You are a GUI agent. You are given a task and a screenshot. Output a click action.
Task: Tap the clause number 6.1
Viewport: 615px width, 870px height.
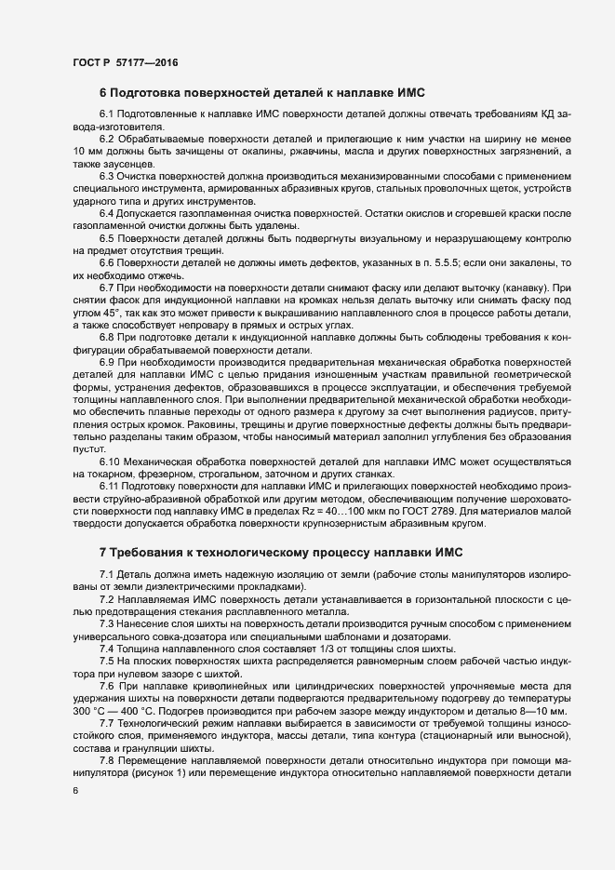click(107, 114)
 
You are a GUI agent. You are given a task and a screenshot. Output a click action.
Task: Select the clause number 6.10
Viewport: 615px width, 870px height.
click(110, 461)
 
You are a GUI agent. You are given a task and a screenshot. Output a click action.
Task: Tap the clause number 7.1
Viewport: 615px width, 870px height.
click(107, 576)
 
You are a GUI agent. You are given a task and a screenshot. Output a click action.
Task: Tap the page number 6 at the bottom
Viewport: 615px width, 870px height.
click(76, 789)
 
